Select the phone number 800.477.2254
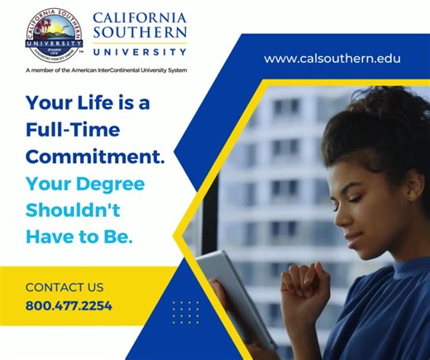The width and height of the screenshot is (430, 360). [69, 305]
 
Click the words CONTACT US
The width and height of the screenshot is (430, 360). [64, 287]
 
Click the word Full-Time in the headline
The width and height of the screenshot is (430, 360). [72, 129]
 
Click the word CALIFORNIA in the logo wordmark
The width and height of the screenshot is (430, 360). [140, 17]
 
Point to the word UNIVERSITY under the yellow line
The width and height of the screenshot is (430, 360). [140, 51]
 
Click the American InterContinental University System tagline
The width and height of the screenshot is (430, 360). [107, 70]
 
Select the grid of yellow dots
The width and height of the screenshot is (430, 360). [185, 312]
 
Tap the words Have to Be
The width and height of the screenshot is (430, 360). [79, 236]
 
